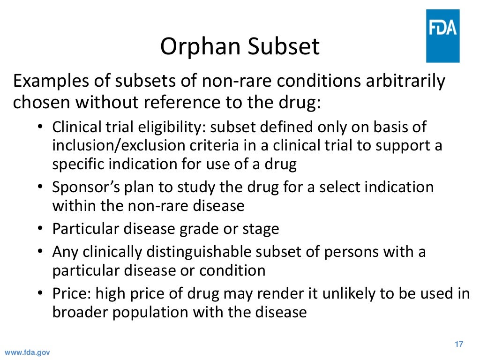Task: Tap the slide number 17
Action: click(458, 345)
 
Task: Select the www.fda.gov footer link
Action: click(27, 352)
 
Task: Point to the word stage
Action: click(261, 229)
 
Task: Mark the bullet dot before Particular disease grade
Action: click(40, 229)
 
